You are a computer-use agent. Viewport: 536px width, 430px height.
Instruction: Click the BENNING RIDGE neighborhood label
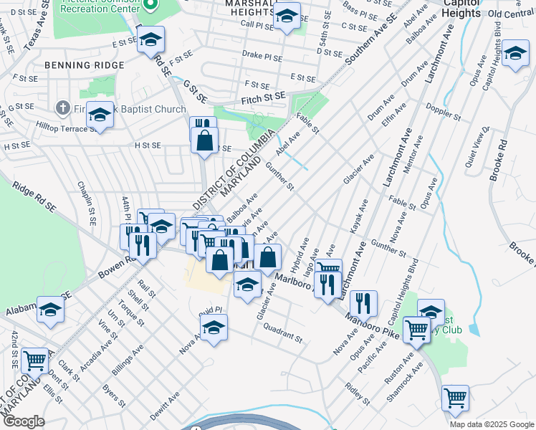84,65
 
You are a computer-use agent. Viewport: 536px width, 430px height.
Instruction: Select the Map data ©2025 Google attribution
491,424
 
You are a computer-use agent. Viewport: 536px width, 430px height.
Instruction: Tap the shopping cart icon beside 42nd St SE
34,359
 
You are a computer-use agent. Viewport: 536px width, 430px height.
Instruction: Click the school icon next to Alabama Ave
51,309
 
